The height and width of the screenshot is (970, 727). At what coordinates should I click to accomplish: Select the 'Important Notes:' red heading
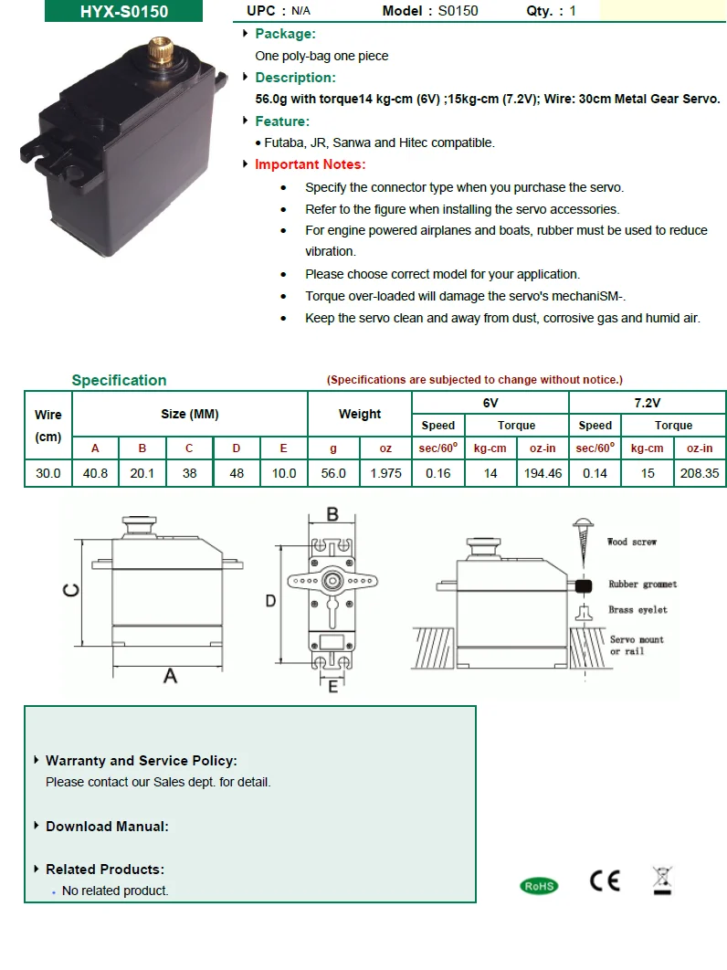coord(310,164)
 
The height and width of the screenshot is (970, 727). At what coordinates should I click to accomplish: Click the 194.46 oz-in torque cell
coord(543,473)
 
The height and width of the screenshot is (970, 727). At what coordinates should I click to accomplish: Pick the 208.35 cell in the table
coord(700,473)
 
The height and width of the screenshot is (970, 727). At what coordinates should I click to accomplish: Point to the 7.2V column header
coord(647,402)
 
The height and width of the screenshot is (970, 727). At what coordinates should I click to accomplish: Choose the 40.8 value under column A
coord(95,473)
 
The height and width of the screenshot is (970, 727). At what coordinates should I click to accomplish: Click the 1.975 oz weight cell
coord(385,473)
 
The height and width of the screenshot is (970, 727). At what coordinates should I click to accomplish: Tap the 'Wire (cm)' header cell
coord(47,426)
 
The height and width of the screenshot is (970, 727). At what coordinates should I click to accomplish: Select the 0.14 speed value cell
coord(595,473)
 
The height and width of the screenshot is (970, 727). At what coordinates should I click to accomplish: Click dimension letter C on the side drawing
coord(69,591)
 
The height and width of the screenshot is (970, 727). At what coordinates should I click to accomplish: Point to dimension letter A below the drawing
coord(170,677)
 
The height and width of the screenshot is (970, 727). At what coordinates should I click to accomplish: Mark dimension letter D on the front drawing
coord(270,600)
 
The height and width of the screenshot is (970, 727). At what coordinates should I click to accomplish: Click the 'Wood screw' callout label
coord(631,542)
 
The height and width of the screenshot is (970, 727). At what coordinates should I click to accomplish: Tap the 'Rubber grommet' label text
coord(642,585)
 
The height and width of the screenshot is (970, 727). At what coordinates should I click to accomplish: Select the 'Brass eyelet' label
coord(637,610)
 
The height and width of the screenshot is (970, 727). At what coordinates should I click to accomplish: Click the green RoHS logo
coord(538,885)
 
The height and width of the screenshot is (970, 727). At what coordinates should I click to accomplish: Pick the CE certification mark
coord(605,880)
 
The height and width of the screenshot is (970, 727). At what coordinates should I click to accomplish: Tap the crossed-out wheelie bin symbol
coord(662,880)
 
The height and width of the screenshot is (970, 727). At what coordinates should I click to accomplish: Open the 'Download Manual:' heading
coord(107,827)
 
